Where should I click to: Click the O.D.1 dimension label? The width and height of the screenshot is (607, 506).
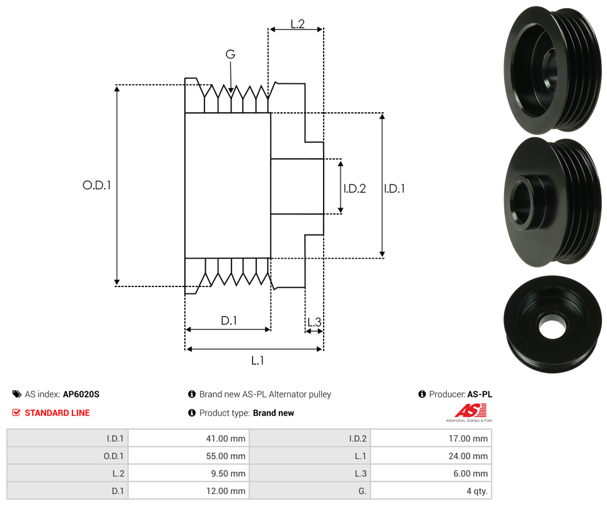coord(97,185)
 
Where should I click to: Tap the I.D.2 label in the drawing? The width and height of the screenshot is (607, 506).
coord(355,188)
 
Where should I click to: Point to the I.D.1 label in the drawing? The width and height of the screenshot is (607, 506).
coord(394,188)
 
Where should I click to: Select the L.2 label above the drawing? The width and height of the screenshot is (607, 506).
coord(297,24)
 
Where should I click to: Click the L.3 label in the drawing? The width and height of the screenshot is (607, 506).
coord(314,323)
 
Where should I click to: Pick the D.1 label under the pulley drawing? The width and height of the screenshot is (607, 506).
coord(228,321)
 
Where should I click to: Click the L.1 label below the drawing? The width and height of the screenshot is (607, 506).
coord(257,361)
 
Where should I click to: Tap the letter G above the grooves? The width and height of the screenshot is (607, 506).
coord(230,55)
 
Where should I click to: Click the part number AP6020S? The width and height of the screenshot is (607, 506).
coord(81,394)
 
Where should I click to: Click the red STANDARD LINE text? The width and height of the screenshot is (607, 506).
coord(57,413)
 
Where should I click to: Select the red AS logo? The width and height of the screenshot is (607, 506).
coord(468,410)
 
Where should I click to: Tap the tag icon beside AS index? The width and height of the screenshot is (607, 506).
coord(16,394)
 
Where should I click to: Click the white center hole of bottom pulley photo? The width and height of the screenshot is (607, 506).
coord(552,327)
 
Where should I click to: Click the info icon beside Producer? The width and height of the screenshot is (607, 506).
coord(422,394)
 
